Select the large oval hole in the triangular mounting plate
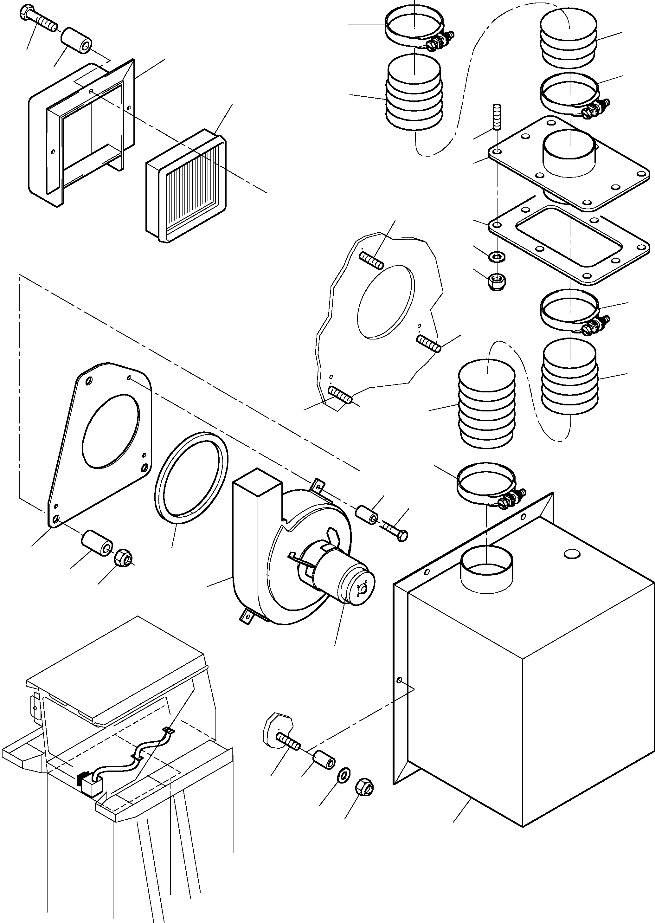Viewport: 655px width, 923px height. pyautogui.click(x=111, y=431)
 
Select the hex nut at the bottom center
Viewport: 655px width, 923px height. pyautogui.click(x=365, y=787)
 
